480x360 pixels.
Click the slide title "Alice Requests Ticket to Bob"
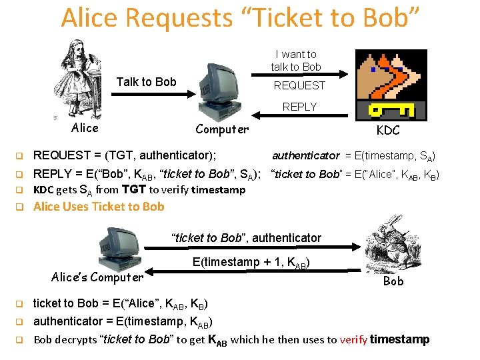click(x=240, y=18)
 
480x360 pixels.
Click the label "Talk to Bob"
click(x=147, y=82)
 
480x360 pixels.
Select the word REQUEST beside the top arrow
click(x=300, y=85)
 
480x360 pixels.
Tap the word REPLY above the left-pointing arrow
click(x=299, y=107)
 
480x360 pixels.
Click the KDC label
click(x=388, y=129)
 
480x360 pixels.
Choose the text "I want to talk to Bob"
click(x=295, y=60)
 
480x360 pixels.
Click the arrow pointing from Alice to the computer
click(x=147, y=95)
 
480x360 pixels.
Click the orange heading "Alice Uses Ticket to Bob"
click(x=99, y=207)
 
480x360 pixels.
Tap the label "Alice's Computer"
click(x=97, y=277)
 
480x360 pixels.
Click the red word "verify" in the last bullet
click(x=353, y=340)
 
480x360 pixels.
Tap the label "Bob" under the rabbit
click(x=393, y=281)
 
